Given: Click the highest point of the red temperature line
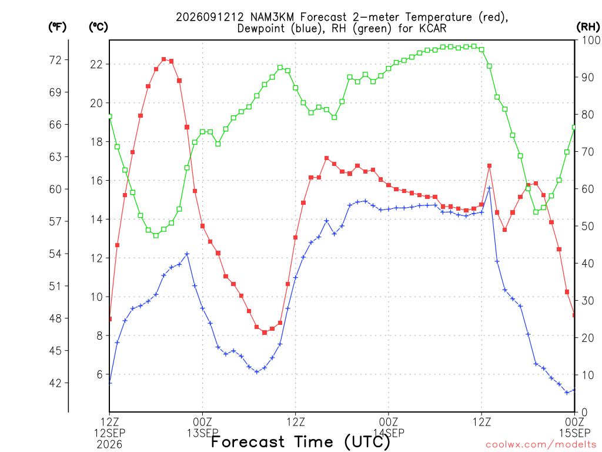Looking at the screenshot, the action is pos(164,59).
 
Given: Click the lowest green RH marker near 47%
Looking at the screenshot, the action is pos(156,235).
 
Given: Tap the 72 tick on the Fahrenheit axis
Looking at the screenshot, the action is pos(55,60).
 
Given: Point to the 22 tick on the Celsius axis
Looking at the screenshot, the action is pos(96,64).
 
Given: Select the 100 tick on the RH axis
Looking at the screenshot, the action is pos(591,40).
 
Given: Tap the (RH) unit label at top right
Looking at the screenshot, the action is pos(588,27).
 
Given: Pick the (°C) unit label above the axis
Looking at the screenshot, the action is pos(98,27).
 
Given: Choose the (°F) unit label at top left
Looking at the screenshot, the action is pos(57,27).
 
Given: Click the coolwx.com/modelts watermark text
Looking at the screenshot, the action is pos(541,445).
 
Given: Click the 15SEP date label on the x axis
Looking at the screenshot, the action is pos(574,433).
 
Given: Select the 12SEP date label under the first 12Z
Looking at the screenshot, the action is pos(110,433).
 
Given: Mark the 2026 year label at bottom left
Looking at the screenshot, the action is pos(110,445).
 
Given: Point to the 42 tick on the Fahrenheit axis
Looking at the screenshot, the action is pos(55,383).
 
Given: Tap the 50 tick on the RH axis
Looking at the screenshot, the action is pos(588,226).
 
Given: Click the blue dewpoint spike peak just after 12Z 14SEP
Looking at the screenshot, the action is pos(489,188).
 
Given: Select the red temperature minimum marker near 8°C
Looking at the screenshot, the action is pos(265,333).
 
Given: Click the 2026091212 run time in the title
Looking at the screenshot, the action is pos(210,17).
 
